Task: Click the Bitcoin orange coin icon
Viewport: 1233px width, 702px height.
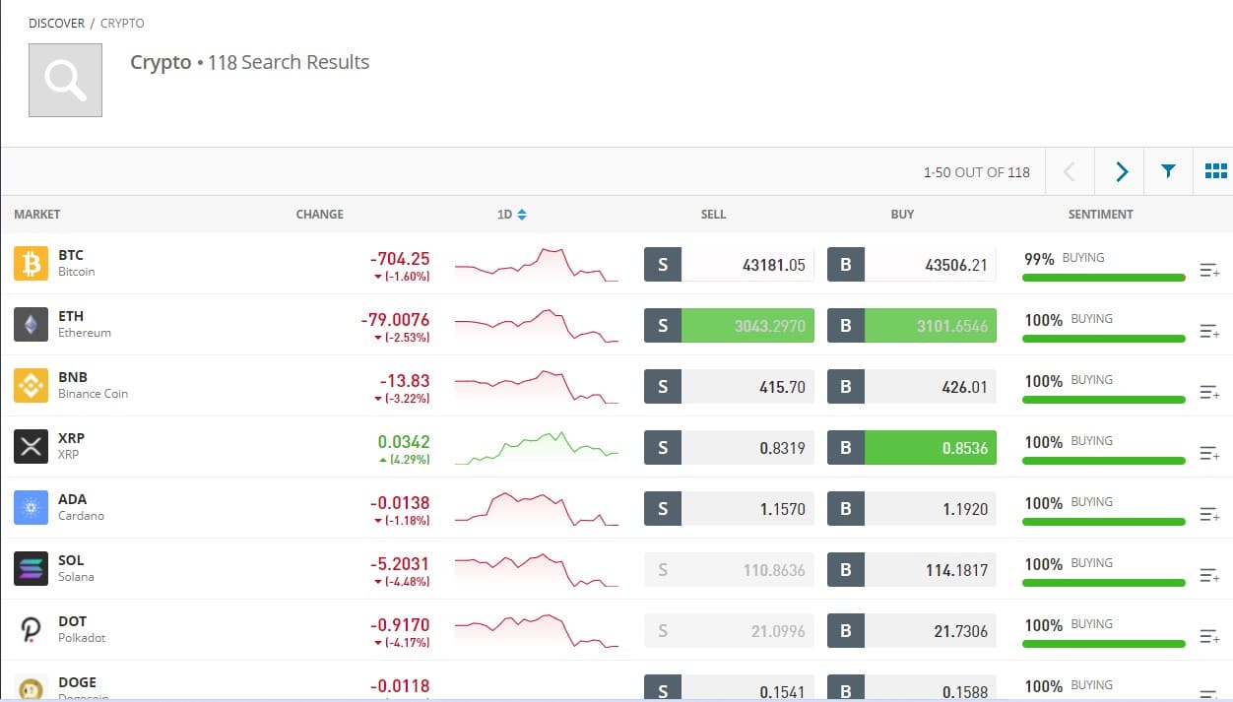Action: [x=31, y=264]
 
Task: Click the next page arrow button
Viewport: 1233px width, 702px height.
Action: [x=1121, y=171]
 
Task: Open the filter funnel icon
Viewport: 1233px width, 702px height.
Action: [x=1168, y=171]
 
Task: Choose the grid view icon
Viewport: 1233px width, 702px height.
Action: [x=1215, y=171]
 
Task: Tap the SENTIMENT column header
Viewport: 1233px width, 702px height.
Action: [x=1100, y=215]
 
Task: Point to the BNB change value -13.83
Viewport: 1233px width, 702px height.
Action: [x=405, y=380]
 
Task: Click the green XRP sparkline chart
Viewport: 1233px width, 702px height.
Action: [x=537, y=448]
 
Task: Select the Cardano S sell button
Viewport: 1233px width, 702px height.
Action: [x=663, y=509]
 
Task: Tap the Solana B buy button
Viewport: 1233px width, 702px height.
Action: [x=846, y=570]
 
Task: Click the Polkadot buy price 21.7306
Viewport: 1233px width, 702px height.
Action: [x=960, y=631]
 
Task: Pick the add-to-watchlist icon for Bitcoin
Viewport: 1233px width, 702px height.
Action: [x=1209, y=270]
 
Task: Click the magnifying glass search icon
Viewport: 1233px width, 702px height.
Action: [x=65, y=80]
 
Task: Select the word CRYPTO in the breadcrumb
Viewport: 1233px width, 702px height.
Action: [x=122, y=23]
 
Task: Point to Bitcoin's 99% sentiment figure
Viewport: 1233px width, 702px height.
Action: [x=1039, y=259]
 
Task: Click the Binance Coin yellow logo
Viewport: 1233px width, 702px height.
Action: [x=31, y=386]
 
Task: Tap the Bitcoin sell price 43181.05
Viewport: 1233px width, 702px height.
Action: [x=773, y=265]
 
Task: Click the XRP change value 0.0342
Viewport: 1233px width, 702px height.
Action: [x=404, y=441]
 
